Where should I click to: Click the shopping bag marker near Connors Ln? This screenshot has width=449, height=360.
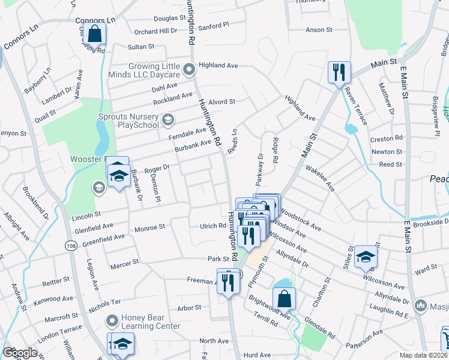(x=94, y=34)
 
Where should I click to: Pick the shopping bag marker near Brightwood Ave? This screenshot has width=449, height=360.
(x=284, y=298)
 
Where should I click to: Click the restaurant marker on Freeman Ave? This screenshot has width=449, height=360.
(x=228, y=280)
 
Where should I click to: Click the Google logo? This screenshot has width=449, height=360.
(x=20, y=353)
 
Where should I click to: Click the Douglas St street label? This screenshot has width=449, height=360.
(x=154, y=19)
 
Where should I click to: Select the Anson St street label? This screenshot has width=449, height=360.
(x=319, y=29)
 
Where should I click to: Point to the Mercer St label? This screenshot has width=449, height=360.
(x=124, y=262)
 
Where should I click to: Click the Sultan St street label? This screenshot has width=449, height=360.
(x=141, y=46)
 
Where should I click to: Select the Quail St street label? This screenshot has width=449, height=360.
(x=44, y=112)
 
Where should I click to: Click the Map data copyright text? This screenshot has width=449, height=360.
(x=424, y=355)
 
